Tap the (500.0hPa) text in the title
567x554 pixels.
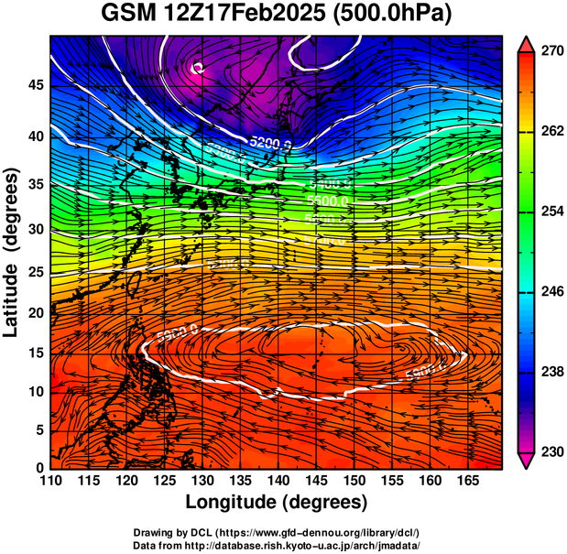(396, 14)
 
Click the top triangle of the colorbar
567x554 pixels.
(527, 43)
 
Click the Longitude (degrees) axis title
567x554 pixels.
(277, 503)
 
